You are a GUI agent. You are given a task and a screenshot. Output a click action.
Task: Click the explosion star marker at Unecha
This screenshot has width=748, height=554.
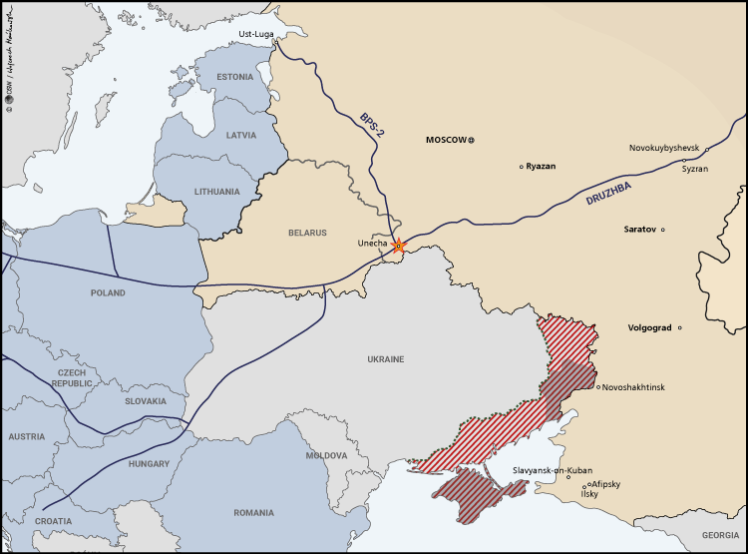coord(399,246)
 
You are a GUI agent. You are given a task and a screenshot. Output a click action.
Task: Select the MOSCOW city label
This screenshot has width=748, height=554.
coord(446,140)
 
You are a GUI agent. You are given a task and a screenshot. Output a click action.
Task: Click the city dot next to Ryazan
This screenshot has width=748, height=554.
coord(521,167)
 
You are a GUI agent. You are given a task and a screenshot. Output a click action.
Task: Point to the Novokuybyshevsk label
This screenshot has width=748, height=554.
coord(664,148)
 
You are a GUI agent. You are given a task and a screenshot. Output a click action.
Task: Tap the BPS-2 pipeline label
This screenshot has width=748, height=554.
coord(371,124)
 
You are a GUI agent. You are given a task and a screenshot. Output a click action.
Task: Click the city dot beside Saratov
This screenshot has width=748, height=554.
coord(663,230)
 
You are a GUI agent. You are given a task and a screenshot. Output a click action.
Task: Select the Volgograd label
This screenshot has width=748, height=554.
coord(650,327)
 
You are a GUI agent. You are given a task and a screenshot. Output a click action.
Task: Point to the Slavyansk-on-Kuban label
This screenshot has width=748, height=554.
coord(552,469)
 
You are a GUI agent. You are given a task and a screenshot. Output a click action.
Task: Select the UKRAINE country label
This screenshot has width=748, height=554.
coord(385,359)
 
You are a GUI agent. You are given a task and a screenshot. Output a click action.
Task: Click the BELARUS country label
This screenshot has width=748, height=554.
coord(307,233)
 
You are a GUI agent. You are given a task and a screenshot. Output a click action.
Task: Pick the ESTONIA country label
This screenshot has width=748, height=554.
coord(235,76)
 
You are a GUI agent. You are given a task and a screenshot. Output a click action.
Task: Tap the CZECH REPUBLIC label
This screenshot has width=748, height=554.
coord(72,377)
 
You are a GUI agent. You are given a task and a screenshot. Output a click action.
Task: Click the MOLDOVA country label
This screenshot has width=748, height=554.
coord(326,455)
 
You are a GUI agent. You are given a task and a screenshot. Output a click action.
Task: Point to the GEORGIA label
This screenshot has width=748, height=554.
coord(719,535)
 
